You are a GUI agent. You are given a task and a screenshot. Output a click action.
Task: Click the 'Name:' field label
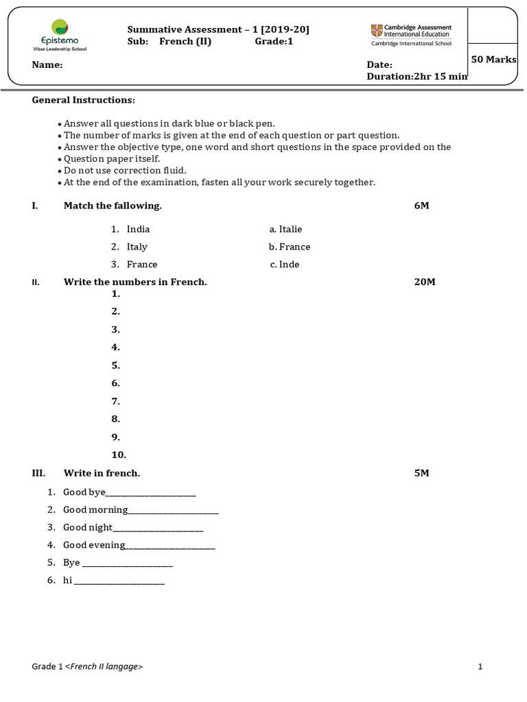47,65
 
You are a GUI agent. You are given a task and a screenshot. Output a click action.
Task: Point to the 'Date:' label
379,64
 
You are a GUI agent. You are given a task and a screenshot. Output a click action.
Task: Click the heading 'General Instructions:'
84,100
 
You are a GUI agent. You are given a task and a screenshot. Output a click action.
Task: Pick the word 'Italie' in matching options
290,229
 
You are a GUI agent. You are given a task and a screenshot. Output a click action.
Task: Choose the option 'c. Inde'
285,265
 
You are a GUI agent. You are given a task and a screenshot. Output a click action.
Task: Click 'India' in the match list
138,229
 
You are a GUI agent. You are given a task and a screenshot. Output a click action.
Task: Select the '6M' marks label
421,206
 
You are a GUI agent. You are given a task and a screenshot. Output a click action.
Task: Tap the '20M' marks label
425,282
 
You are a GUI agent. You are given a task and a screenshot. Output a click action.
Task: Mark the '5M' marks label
421,473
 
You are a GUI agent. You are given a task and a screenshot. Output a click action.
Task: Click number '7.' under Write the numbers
116,401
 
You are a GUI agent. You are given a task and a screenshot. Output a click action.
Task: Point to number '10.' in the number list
119,455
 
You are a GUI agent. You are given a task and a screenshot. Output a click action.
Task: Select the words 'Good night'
86,527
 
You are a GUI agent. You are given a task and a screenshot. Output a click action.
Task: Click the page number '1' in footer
480,666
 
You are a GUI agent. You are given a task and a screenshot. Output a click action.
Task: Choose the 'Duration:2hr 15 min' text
417,77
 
